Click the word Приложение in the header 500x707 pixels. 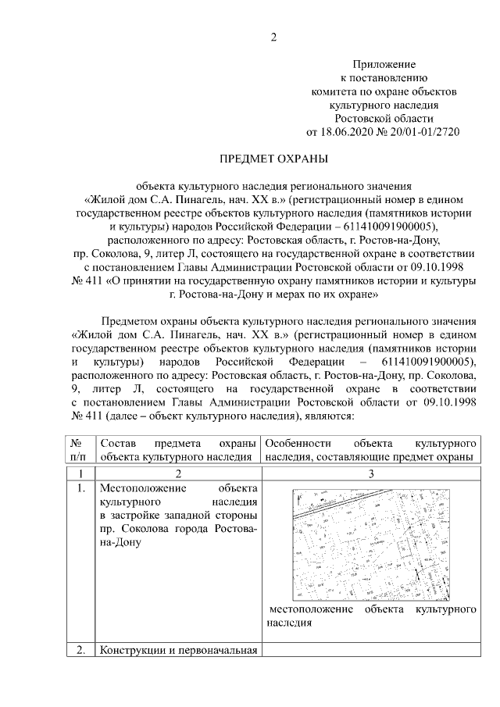tap(383, 63)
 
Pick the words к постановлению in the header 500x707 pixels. tap(383, 77)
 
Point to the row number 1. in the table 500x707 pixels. tap(77, 489)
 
